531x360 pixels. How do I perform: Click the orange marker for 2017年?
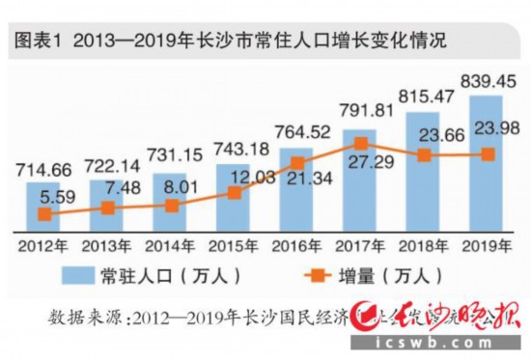360,143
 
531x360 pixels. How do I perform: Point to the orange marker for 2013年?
108,208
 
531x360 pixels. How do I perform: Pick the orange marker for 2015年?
235,192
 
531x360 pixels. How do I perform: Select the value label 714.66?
46,171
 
